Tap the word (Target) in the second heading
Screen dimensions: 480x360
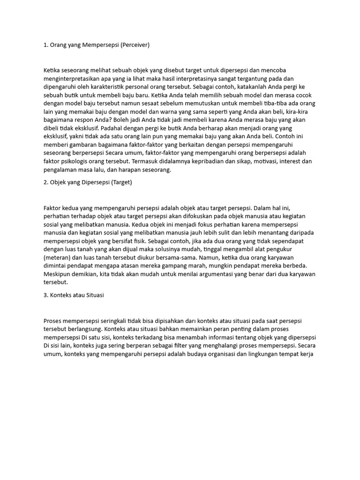pos(121,182)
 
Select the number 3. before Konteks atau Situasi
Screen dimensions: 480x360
pos(46,295)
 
